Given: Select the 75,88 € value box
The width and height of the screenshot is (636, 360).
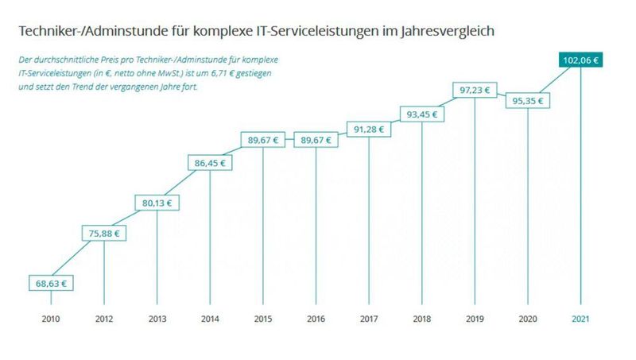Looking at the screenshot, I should tap(104, 234).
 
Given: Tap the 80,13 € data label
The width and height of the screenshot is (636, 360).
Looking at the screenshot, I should tap(157, 202).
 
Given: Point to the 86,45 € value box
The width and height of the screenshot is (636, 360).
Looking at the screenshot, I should tap(210, 164).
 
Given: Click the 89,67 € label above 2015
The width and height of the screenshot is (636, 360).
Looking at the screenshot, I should tap(263, 140).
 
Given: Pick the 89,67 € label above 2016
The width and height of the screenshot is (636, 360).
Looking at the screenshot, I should tap(316, 140).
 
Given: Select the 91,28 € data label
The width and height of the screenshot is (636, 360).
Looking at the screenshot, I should tap(369, 128).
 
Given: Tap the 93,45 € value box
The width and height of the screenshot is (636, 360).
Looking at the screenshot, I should tap(421, 114).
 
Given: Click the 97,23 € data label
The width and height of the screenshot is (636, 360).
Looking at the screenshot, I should tap(475, 90).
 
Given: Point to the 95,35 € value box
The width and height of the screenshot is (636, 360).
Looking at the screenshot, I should tap(527, 101).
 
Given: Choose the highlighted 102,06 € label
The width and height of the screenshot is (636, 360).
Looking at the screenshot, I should tap(580, 59).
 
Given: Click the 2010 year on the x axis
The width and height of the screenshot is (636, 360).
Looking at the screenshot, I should tap(51, 319).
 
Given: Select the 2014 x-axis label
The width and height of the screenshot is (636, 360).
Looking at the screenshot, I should tap(210, 319).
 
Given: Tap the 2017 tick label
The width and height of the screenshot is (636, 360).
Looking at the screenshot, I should tap(369, 319).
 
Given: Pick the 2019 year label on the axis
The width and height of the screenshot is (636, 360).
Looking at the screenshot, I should tap(475, 319).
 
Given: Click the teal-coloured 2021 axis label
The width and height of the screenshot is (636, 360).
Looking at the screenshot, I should tap(580, 319).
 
